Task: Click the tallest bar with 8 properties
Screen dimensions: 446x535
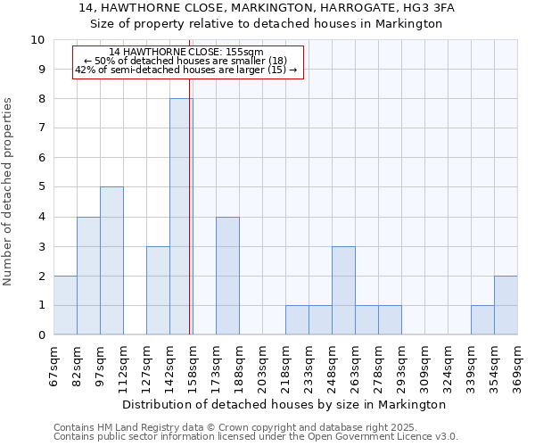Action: pos(181,217)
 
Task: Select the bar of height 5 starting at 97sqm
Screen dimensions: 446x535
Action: pos(111,260)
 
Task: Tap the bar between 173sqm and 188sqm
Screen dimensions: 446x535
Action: pos(227,276)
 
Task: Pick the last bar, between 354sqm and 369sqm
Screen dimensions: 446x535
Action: pos(506,305)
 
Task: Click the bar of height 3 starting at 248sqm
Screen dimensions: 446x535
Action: pos(343,291)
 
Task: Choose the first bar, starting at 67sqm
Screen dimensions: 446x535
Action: pos(65,305)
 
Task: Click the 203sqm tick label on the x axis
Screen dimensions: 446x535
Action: pos(262,367)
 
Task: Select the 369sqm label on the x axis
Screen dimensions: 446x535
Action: pos(517,367)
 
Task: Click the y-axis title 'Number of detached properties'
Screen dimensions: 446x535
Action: pos(9,192)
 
